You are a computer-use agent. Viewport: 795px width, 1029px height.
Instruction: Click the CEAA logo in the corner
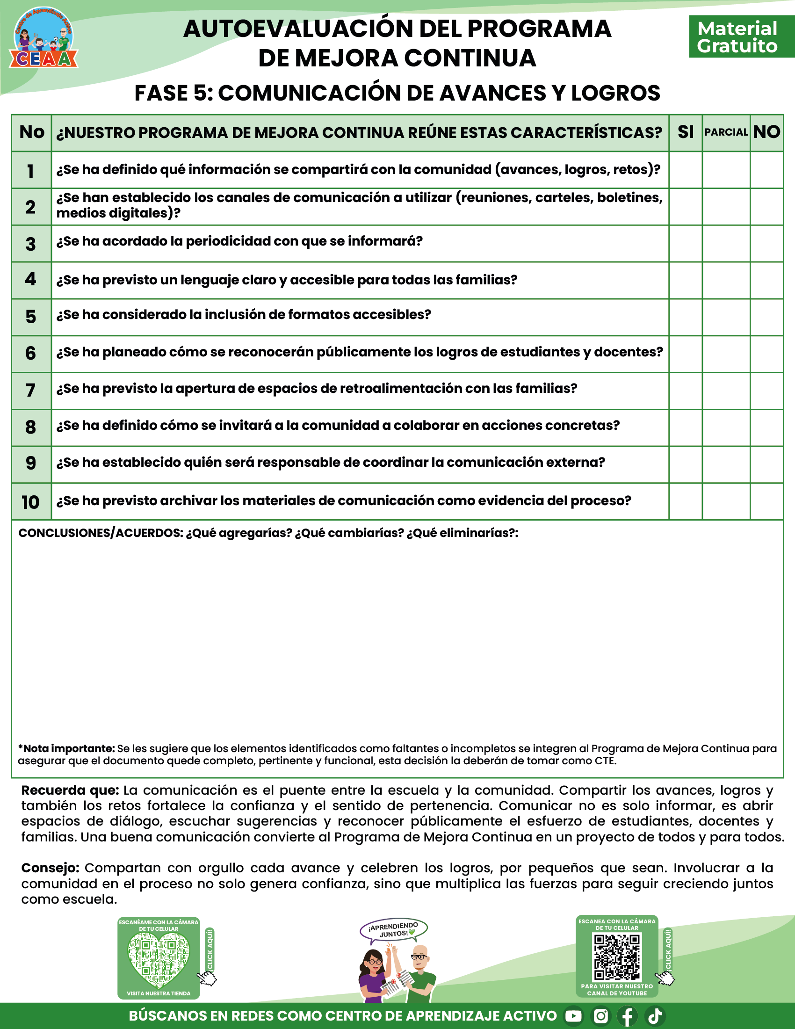pos(43,39)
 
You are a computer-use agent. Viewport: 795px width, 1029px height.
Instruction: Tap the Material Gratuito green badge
pos(737,37)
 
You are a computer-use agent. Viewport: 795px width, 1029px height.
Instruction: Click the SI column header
pos(685,132)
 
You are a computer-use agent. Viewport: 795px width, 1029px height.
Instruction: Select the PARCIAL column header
pos(726,132)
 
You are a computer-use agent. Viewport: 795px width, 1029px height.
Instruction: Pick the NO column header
pos(766,132)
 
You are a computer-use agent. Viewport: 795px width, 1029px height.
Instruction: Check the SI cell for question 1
pos(685,170)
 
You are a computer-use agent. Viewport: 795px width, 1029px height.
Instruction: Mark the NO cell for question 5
pos(766,317)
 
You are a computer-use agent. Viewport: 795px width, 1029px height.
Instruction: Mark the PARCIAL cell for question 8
pos(726,428)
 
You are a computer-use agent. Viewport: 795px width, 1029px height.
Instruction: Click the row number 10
pos(30,502)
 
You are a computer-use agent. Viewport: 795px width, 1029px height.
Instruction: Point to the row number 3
pos(30,244)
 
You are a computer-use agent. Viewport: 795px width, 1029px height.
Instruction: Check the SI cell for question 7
pos(685,391)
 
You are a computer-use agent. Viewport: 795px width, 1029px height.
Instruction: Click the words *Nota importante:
pos(66,748)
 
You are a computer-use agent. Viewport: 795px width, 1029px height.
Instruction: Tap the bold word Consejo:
pos(51,868)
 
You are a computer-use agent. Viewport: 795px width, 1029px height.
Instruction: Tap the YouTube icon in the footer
pos(573,1016)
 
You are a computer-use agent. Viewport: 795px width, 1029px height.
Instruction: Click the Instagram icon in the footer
pos(600,1016)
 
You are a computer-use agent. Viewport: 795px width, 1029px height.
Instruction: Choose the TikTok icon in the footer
pos(655,1016)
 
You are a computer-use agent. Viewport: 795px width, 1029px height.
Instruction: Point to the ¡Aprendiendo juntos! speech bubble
pos(393,929)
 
